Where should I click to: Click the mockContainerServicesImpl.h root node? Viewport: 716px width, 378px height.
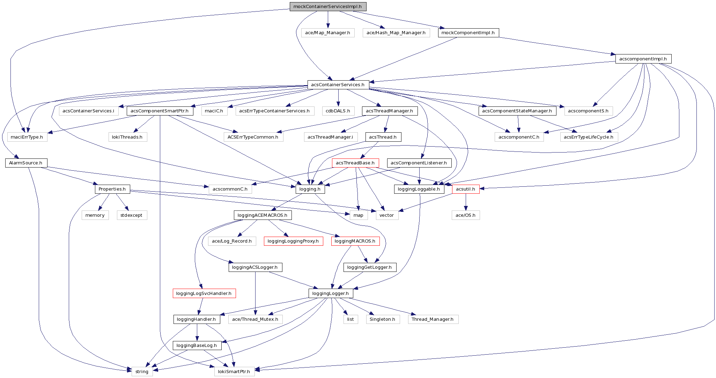pyautogui.click(x=327, y=7)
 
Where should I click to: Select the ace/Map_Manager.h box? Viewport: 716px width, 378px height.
pyautogui.click(x=327, y=33)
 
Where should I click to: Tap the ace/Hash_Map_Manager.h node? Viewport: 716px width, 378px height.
pyautogui.click(x=396, y=33)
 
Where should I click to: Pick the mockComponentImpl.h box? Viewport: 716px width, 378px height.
pyautogui.click(x=468, y=33)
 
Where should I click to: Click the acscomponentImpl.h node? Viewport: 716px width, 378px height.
pyautogui.click(x=643, y=59)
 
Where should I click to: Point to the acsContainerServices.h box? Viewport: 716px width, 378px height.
pyautogui.click(x=338, y=85)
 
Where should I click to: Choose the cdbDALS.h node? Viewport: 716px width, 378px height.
pyautogui.click(x=338, y=111)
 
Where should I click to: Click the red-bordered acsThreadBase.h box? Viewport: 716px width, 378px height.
pyautogui.click(x=355, y=163)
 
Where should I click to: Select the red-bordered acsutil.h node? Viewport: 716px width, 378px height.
pyautogui.click(x=465, y=189)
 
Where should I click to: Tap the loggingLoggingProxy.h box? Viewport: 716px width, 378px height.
pyautogui.click(x=293, y=241)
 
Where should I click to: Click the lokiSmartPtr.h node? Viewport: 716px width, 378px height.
pyautogui.click(x=234, y=372)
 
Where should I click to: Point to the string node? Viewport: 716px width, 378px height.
pyautogui.click(x=142, y=372)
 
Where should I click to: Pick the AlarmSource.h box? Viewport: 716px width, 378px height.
pyautogui.click(x=25, y=163)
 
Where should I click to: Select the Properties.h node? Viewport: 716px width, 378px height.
pyautogui.click(x=112, y=189)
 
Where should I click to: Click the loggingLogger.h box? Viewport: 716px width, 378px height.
pyautogui.click(x=330, y=294)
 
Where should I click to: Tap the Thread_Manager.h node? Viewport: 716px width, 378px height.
pyautogui.click(x=432, y=319)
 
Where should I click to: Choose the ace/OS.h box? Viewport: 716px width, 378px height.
pyautogui.click(x=465, y=215)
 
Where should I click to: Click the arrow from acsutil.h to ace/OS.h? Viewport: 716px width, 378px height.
pyautogui.click(x=465, y=202)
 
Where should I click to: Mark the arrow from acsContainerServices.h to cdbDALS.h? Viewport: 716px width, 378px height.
pyautogui.click(x=338, y=98)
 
